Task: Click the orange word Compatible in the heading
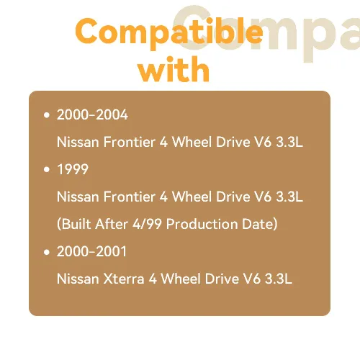(169, 33)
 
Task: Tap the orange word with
(174, 70)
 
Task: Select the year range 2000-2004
(92, 114)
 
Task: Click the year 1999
(73, 169)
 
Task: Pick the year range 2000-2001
(91, 251)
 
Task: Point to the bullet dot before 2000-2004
(47, 115)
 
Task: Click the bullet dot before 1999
(47, 169)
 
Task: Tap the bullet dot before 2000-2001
(47, 252)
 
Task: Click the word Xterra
(124, 279)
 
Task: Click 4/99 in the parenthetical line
(147, 224)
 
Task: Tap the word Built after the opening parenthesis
(76, 224)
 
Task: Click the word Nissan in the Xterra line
(78, 279)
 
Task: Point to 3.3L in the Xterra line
(279, 279)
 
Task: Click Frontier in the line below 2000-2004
(130, 142)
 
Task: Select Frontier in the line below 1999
(130, 197)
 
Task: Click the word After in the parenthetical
(112, 224)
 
